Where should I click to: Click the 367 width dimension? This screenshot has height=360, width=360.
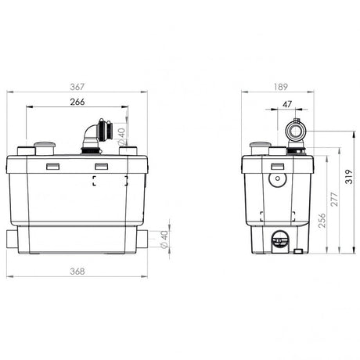click(x=77, y=87)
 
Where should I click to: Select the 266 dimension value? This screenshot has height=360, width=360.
click(x=77, y=102)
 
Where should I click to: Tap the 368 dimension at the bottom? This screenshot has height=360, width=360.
click(x=77, y=272)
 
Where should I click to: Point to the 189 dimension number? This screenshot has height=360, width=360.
click(x=281, y=87)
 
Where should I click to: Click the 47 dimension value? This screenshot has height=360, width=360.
click(x=287, y=104)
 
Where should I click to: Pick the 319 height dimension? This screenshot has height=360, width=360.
click(x=349, y=177)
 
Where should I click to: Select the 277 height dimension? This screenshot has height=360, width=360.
click(x=334, y=200)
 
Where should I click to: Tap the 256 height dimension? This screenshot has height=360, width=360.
click(x=322, y=221)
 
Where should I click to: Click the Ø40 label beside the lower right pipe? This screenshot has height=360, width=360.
click(x=164, y=239)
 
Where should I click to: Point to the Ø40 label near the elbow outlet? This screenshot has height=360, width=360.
click(x=121, y=137)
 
